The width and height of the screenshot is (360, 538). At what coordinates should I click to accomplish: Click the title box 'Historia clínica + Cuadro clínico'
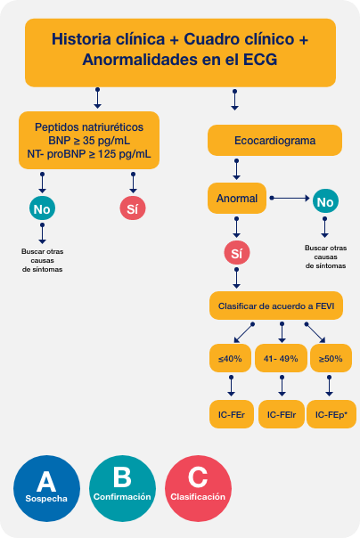(179, 51)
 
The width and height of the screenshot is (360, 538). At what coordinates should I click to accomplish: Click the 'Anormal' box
(237, 198)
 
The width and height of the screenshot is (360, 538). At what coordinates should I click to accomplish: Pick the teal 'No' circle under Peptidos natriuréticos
(42, 209)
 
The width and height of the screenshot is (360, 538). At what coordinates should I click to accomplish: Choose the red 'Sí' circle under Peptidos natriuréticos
(132, 209)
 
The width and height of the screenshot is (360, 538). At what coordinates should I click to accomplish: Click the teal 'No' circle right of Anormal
(324, 201)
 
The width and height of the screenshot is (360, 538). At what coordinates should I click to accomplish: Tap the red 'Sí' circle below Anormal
(236, 254)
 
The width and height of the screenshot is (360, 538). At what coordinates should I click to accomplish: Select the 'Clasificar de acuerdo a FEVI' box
(281, 306)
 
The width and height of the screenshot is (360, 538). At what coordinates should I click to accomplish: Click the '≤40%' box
(231, 358)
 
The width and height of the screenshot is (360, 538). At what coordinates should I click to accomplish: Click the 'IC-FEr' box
(231, 414)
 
